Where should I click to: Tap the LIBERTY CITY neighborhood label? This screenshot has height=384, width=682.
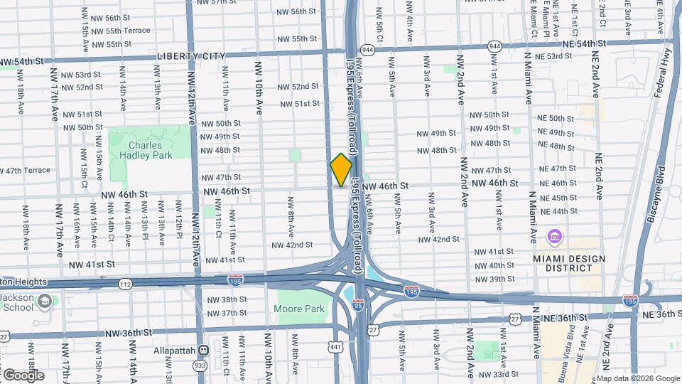click(x=191, y=56)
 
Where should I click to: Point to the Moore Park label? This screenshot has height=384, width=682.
click(x=299, y=309)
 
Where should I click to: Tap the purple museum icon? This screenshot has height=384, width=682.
click(x=553, y=236)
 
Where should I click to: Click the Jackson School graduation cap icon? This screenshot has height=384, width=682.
click(x=45, y=302)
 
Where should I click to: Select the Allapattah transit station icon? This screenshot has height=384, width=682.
click(x=204, y=351)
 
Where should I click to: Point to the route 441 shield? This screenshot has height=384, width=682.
click(x=335, y=346)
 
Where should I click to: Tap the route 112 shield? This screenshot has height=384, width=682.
click(x=125, y=284)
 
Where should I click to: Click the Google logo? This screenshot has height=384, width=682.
click(x=23, y=375)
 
